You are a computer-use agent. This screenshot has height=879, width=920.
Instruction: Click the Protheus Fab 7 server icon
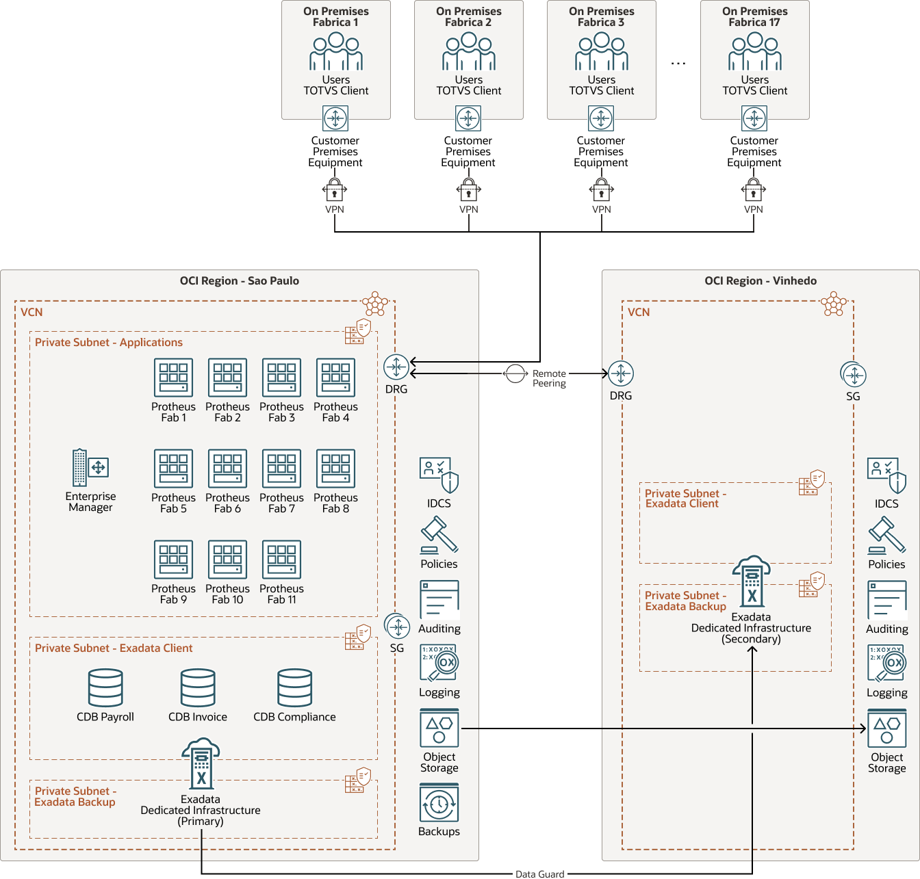click(x=281, y=469)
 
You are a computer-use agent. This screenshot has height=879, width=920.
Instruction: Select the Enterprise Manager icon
click(x=90, y=468)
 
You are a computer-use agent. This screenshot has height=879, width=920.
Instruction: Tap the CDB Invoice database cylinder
click(x=198, y=688)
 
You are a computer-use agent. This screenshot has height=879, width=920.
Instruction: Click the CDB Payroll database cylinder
click(x=105, y=688)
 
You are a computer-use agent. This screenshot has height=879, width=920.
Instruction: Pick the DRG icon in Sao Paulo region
click(x=396, y=367)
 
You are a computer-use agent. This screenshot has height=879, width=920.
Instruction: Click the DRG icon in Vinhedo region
click(x=621, y=373)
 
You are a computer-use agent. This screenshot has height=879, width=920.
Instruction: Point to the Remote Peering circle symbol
click(x=515, y=374)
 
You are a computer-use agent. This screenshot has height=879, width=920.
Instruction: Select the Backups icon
click(x=439, y=804)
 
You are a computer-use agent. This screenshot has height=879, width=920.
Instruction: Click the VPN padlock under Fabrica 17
click(x=754, y=189)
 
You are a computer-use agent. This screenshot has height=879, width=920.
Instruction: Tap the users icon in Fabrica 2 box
click(x=469, y=52)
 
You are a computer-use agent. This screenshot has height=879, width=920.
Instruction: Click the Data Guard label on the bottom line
click(x=540, y=874)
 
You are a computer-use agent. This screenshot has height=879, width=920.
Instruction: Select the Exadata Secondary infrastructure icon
click(x=752, y=581)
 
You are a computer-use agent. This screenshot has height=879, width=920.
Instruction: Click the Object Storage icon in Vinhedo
click(x=887, y=729)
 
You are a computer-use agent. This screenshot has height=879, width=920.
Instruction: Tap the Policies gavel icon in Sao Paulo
click(x=439, y=536)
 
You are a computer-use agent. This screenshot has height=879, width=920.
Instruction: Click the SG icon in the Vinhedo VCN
click(x=854, y=375)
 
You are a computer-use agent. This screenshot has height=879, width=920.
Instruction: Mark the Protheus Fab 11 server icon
click(x=281, y=560)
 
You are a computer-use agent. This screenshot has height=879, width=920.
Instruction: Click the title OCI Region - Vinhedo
click(x=761, y=281)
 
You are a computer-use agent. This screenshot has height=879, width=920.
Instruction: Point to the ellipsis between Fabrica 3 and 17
click(x=678, y=64)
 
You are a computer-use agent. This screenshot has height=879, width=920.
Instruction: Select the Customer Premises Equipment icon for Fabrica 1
click(x=335, y=118)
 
